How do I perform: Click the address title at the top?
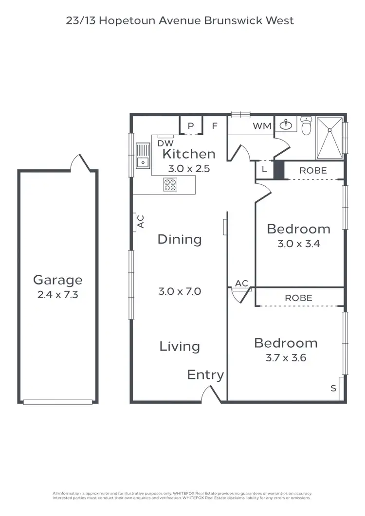tap(180, 21)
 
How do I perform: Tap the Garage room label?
tap(57, 280)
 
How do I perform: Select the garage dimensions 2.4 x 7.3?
tap(57, 295)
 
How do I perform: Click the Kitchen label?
tap(189, 154)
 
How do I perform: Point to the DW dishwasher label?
tap(166, 143)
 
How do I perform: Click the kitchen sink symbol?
tap(143, 156)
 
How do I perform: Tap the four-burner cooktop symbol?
tap(170, 184)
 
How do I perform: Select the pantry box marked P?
tap(191, 126)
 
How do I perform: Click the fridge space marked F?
tap(214, 126)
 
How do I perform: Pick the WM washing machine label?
tap(262, 126)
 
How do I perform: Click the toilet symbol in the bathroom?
tap(306, 126)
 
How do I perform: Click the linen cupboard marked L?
tap(264, 170)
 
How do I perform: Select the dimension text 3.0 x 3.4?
tap(298, 244)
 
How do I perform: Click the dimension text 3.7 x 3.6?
tap(286, 358)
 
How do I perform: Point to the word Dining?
tap(179, 239)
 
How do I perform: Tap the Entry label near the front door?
tap(205, 375)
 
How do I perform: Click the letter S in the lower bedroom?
tap(333, 388)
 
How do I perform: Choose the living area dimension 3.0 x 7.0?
tap(180, 292)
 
